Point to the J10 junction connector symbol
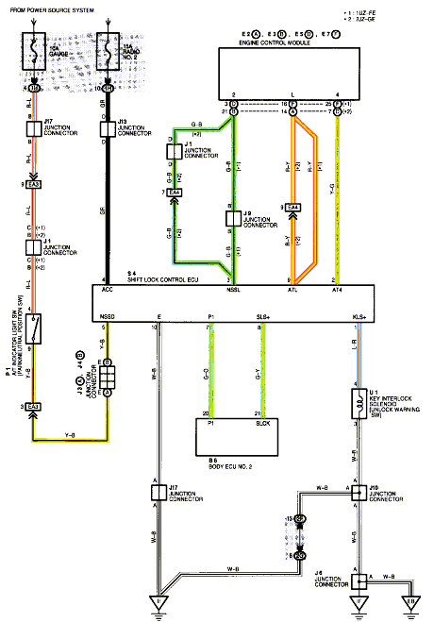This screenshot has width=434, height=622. [x=359, y=492]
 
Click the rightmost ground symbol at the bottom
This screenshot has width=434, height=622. [x=411, y=603]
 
